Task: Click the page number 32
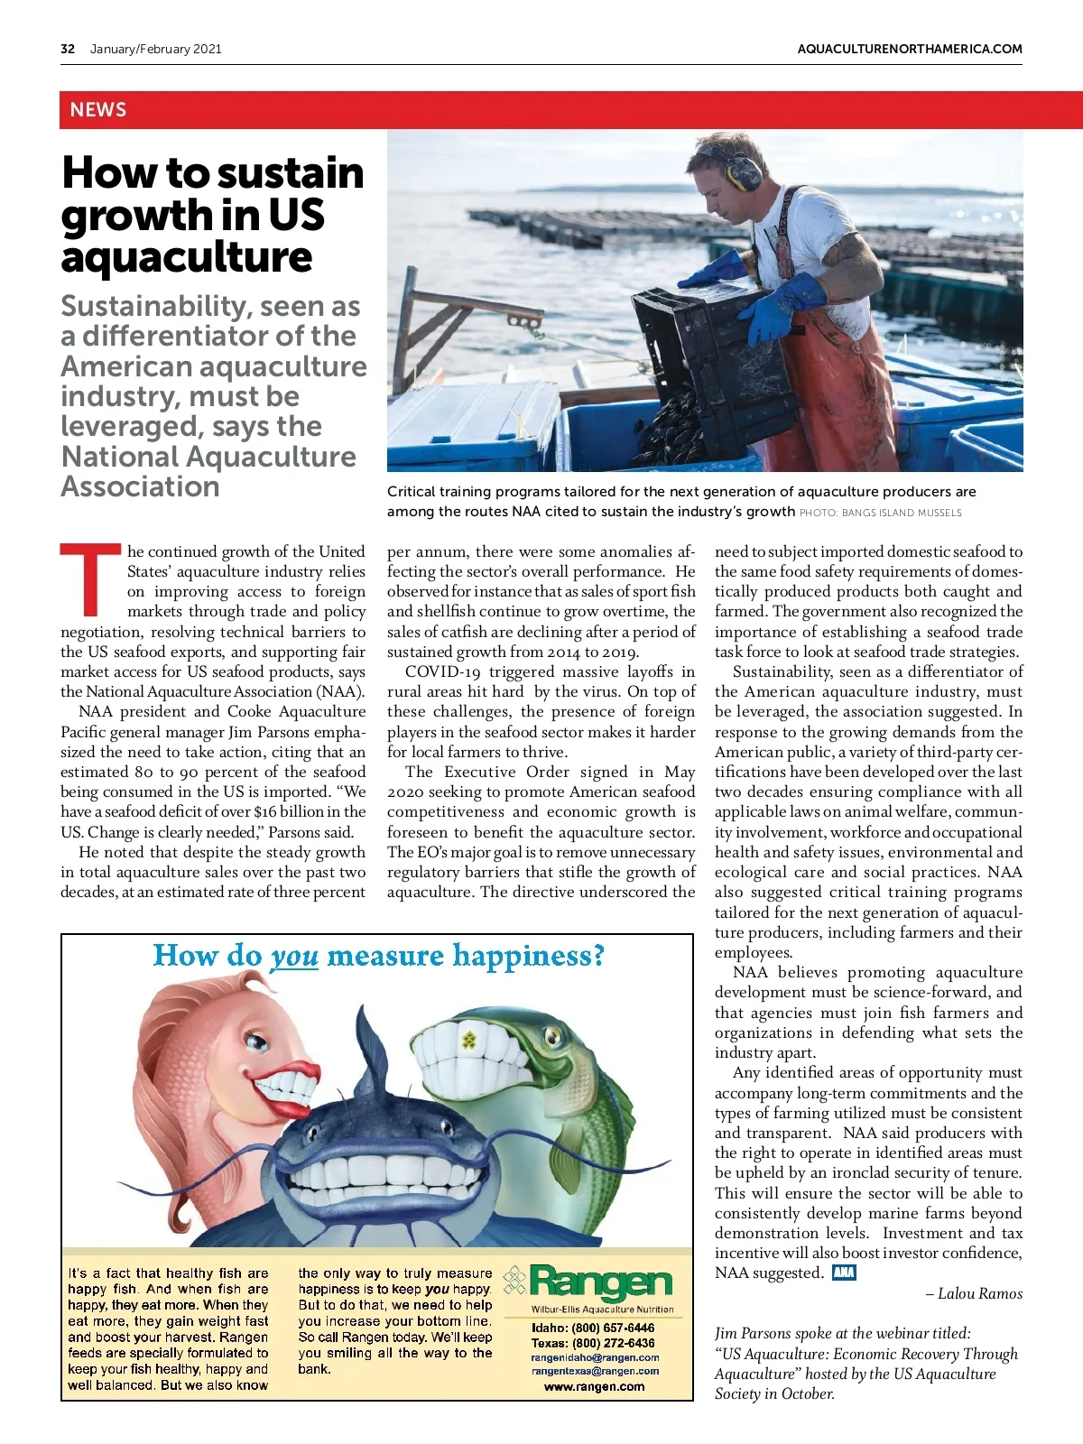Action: tap(68, 49)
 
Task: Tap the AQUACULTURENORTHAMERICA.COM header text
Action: tap(910, 49)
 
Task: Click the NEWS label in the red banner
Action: tap(98, 110)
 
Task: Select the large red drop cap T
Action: tap(89, 578)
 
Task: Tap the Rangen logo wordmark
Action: tap(601, 1282)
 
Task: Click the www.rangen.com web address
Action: tap(594, 1386)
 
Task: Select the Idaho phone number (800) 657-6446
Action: tap(613, 1328)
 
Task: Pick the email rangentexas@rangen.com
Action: tap(595, 1371)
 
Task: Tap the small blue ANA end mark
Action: tap(844, 1273)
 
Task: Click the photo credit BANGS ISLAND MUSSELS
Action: tap(902, 513)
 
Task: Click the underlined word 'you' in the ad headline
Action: tap(294, 956)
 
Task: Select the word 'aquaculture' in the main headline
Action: tap(187, 257)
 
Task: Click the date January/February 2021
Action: tap(155, 49)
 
